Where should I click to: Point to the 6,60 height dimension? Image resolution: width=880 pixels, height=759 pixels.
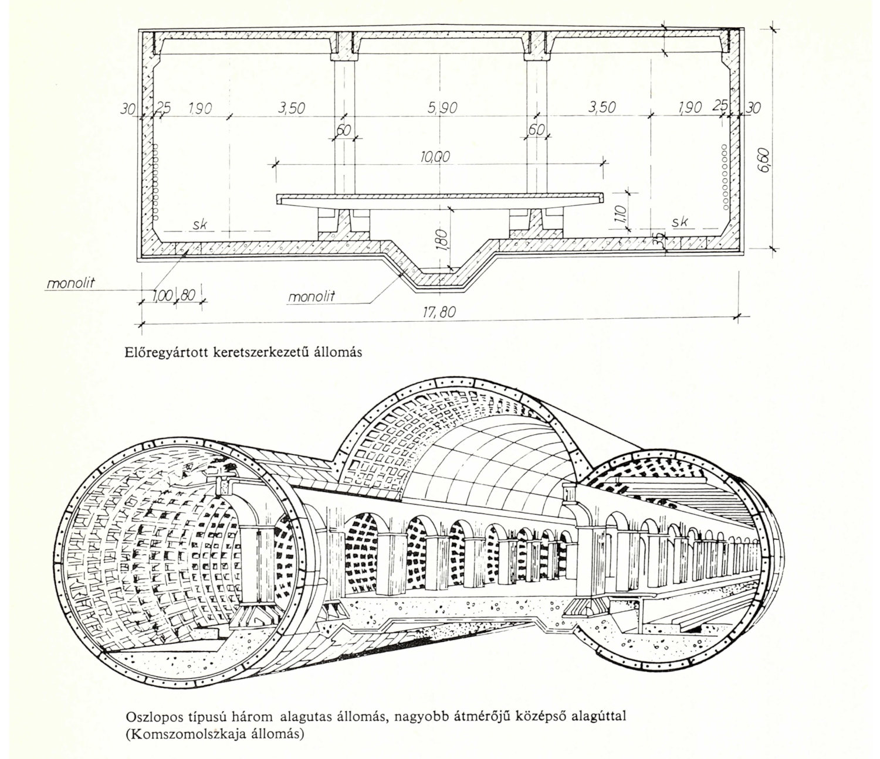point(764,160)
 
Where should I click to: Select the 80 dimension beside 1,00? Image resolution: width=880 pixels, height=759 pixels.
point(187,295)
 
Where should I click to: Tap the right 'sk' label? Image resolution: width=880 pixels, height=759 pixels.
point(680,222)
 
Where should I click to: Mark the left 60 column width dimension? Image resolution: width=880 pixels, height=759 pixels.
point(343,130)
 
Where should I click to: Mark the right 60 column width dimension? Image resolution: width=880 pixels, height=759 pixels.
point(536,130)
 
